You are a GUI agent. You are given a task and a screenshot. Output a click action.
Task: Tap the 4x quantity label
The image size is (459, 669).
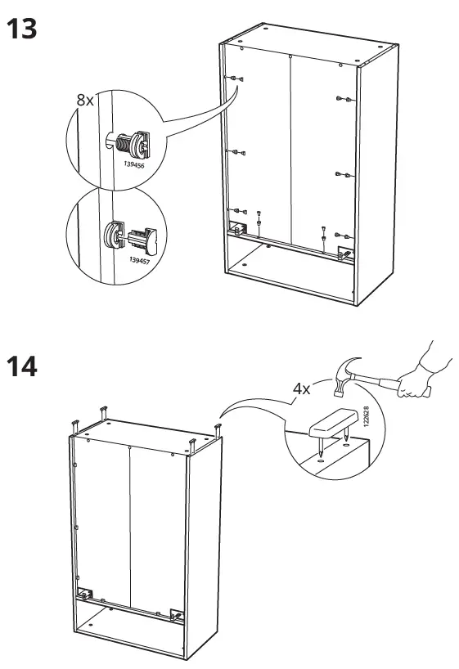(301, 388)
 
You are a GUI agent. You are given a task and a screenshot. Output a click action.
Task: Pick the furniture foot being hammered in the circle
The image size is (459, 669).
(332, 423)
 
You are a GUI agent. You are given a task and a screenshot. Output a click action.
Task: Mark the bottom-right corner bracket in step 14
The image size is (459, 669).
(177, 613)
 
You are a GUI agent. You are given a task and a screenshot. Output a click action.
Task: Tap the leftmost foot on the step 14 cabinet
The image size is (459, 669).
(74, 426)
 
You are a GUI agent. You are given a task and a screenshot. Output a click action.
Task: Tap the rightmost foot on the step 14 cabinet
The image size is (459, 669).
(218, 428)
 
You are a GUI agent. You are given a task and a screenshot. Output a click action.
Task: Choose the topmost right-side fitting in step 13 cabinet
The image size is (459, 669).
(344, 99)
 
